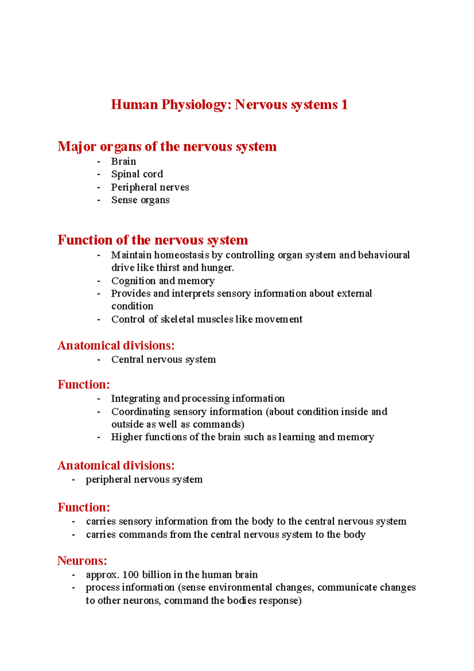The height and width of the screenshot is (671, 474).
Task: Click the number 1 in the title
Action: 344,105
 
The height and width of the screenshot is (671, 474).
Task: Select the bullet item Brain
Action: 124,162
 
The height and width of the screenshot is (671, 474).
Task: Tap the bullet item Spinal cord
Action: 137,174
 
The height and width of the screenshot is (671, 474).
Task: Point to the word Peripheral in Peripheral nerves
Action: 134,187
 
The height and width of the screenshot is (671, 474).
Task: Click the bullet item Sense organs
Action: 140,200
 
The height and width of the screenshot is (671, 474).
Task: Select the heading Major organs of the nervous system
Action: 167,147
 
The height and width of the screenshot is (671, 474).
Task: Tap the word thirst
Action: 168,268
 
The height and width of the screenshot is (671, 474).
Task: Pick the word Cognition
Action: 134,281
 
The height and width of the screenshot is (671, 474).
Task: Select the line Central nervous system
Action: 164,360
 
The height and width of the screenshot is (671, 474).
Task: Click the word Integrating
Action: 135,398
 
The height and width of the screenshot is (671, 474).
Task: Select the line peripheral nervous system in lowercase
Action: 144,479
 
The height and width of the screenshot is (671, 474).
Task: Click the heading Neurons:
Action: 82,561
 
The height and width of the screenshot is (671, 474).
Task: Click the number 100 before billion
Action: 130,575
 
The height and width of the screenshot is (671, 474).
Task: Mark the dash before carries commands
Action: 73,535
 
